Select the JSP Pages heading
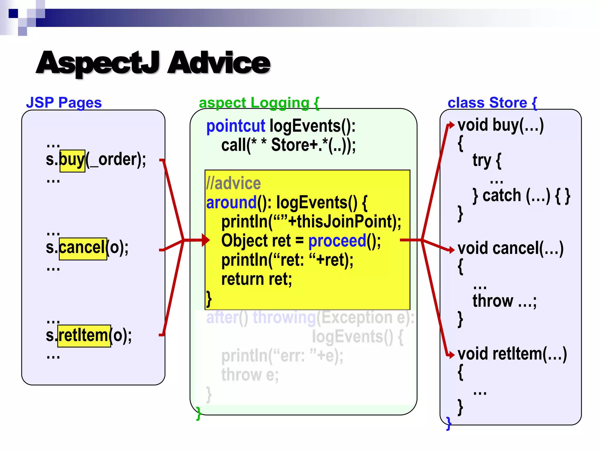[x=64, y=103]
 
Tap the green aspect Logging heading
[x=259, y=103]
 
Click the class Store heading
[x=492, y=103]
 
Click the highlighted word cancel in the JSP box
[x=83, y=248]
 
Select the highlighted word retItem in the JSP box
[x=84, y=336]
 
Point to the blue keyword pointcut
[x=236, y=126]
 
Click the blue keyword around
[x=231, y=203]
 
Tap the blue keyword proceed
[x=337, y=241]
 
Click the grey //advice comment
[x=233, y=184]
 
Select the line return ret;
[x=257, y=279]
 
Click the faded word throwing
[x=284, y=318]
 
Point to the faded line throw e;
[x=250, y=375]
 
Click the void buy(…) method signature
[x=500, y=125]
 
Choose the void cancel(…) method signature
[x=510, y=248]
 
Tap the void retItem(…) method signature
[x=512, y=354]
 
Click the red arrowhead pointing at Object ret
[x=206, y=240]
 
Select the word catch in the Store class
[x=502, y=195]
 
